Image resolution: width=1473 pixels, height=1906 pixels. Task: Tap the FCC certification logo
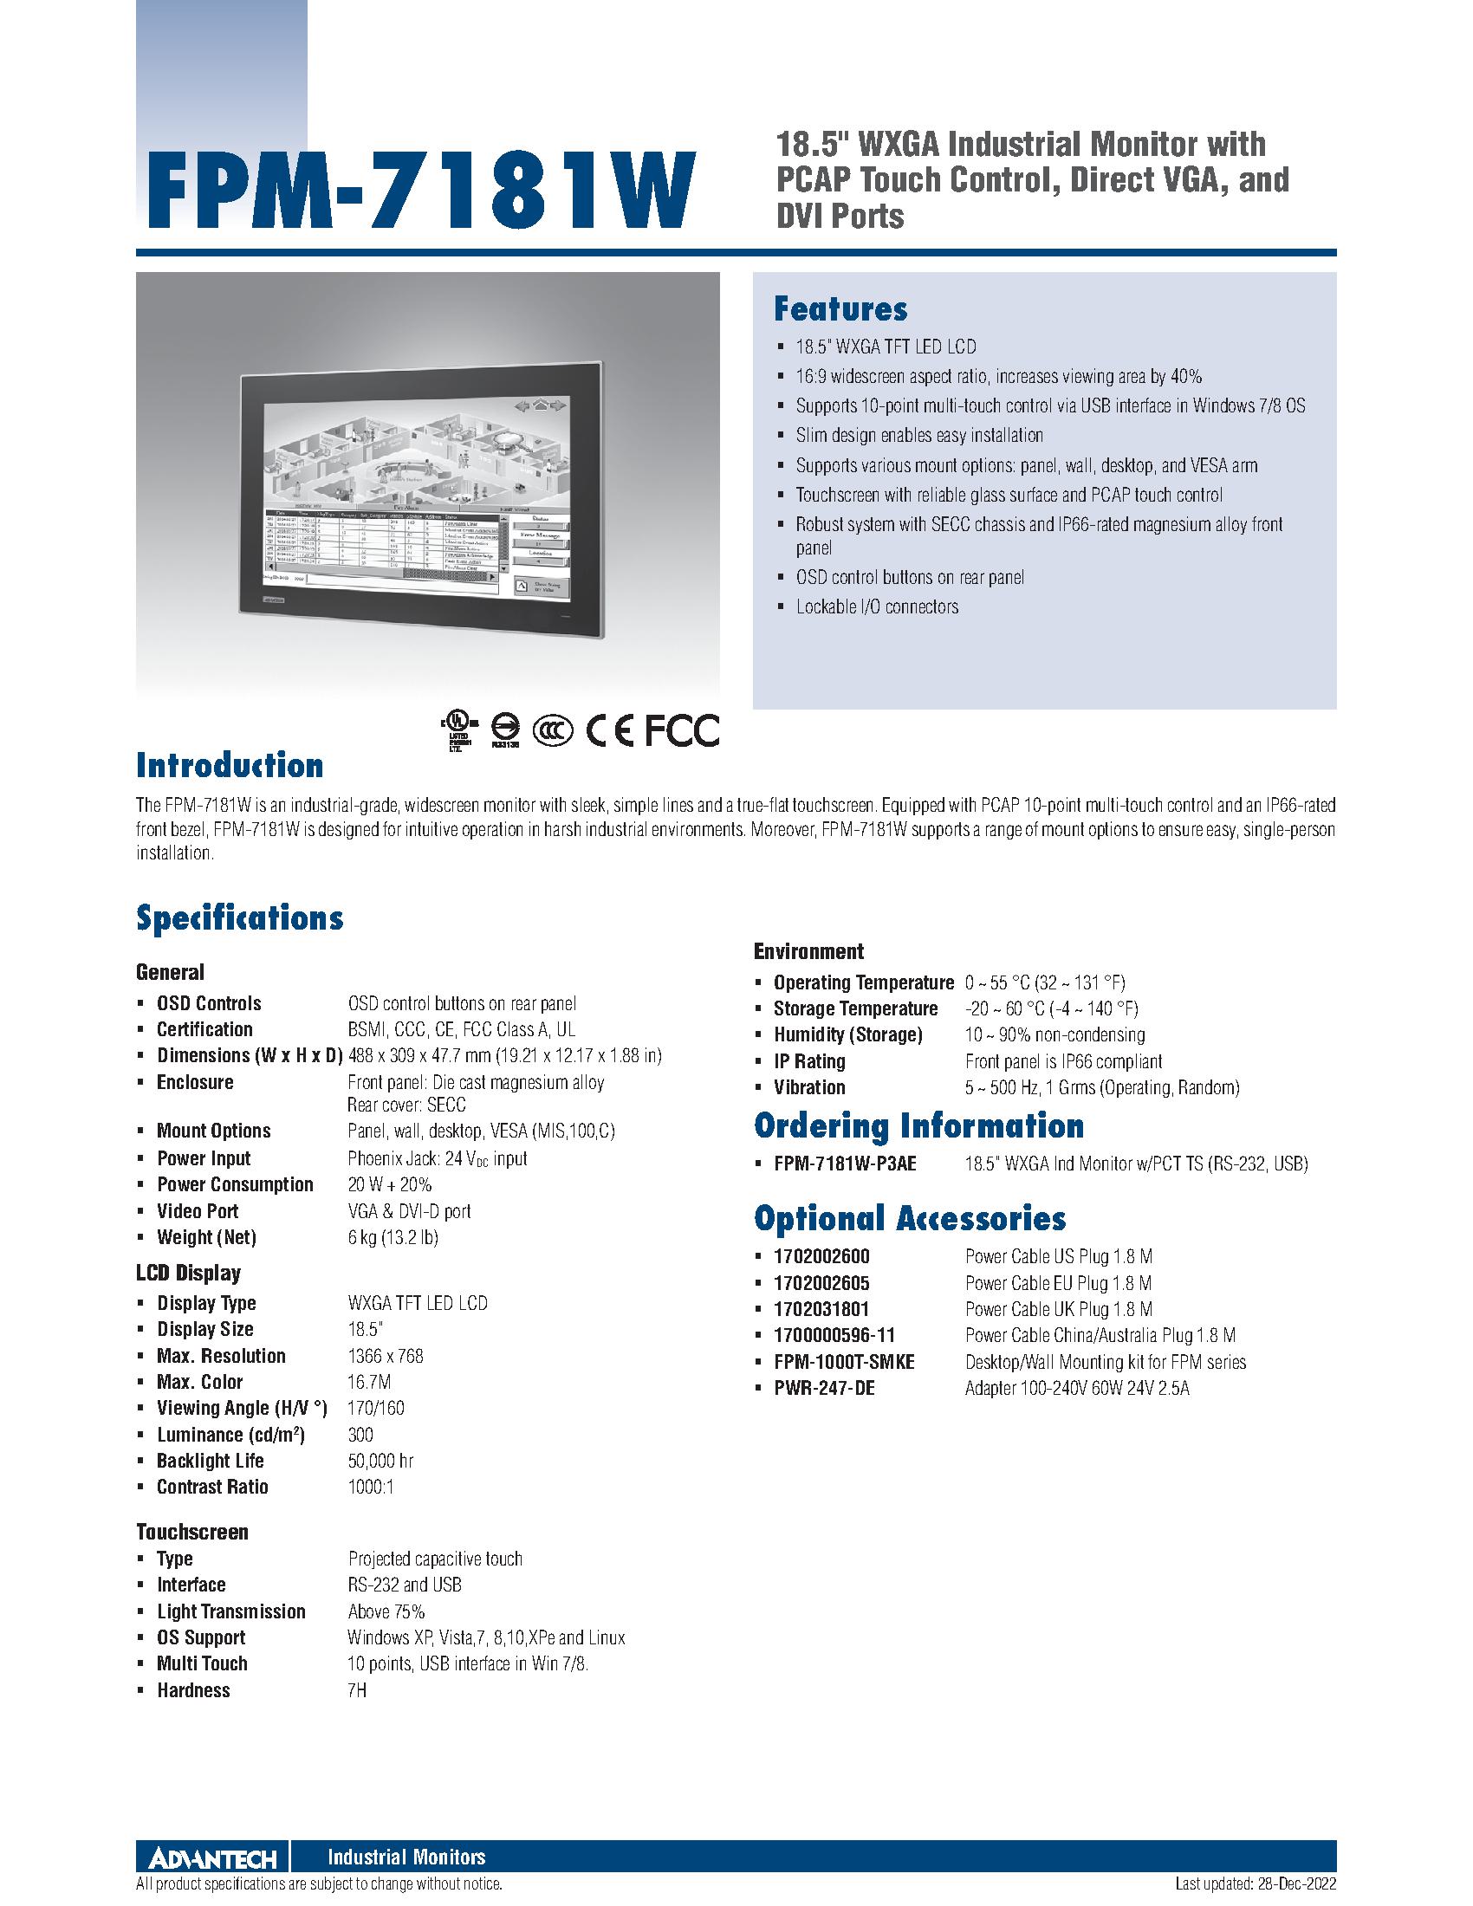[x=682, y=730]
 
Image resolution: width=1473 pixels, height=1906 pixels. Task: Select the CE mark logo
[x=609, y=730]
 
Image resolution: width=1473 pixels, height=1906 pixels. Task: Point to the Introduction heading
[x=230, y=765]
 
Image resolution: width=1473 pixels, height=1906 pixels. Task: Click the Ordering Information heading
[x=918, y=1125]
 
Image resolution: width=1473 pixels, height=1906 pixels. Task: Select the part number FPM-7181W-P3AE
[x=845, y=1164]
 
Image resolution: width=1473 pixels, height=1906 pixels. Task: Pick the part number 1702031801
[x=821, y=1309]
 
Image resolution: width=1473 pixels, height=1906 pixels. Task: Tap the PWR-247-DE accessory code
[x=824, y=1388]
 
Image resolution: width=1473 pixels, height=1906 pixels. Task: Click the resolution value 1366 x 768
[x=385, y=1356]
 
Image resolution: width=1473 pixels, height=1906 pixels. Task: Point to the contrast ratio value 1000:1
[x=371, y=1487]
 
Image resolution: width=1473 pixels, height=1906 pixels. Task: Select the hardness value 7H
[x=357, y=1690]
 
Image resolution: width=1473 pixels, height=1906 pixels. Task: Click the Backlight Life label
[x=211, y=1461]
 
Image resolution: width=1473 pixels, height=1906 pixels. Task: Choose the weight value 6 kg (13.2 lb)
[x=393, y=1237]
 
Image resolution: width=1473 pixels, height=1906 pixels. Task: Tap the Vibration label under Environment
[x=809, y=1087]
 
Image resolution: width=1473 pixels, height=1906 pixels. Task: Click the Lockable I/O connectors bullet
[x=876, y=606]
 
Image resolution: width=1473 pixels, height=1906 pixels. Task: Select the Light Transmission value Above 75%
[x=386, y=1612]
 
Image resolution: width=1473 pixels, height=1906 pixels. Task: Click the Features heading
[x=840, y=309]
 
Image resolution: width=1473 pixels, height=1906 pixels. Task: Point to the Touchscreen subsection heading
[x=192, y=1532]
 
